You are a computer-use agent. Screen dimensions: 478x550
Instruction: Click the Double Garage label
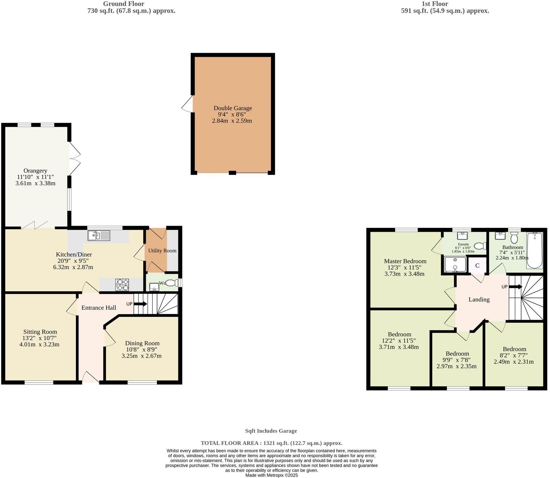(x=232, y=108)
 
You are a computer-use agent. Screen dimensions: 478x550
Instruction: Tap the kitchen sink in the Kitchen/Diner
(x=99, y=236)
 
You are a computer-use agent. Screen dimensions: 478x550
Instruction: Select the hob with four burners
(x=122, y=285)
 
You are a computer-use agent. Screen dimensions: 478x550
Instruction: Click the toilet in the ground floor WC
(x=172, y=283)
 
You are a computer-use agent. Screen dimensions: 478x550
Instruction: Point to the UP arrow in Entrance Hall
(x=140, y=304)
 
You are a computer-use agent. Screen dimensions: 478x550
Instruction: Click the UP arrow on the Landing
(x=516, y=287)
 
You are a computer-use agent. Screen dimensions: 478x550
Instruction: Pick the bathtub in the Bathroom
(x=535, y=250)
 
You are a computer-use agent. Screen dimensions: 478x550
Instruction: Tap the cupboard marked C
(x=477, y=266)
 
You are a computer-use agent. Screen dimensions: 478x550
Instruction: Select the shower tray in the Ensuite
(x=455, y=265)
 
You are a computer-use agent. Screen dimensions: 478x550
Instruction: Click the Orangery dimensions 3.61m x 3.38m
(x=35, y=183)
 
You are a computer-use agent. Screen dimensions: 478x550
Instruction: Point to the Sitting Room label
(x=40, y=332)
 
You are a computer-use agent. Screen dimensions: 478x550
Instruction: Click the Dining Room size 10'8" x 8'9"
(x=142, y=349)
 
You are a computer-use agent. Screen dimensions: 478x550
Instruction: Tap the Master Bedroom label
(x=405, y=261)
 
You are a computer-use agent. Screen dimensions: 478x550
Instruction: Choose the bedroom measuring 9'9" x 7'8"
(x=457, y=360)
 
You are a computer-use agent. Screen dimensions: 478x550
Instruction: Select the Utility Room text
(x=162, y=251)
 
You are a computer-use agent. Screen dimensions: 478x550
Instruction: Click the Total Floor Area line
(x=271, y=443)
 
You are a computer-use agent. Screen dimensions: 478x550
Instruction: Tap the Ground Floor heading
(x=123, y=4)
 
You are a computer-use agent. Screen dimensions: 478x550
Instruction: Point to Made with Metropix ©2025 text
(x=271, y=475)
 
